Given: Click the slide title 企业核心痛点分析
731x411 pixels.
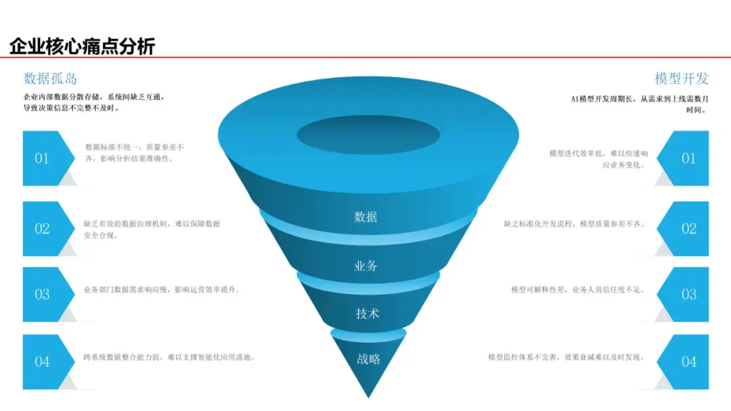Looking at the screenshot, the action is pos(82,46).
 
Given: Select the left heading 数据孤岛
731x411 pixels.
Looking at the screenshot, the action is pos(50,78).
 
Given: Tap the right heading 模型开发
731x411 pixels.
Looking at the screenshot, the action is pos(682,78).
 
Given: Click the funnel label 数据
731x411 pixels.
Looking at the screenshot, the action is pos(365,217).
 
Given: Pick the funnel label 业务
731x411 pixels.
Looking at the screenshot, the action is pos(365,266).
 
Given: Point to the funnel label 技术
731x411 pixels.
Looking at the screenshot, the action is pos(367,314).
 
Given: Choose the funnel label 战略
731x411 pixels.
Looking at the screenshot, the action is pos(368,359).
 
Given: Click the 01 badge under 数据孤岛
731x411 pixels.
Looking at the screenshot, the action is pos(43,158).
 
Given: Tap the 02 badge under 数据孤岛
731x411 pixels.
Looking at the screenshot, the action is pos(43,228).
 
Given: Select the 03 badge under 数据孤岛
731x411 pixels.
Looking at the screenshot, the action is pos(43,294).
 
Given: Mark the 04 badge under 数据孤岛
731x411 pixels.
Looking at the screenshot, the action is pos(43,362).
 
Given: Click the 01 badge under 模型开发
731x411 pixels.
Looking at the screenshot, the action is pos(688,158).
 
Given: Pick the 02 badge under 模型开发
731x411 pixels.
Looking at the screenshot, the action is pos(688,228).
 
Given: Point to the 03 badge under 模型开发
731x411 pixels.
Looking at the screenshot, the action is pos(688,294).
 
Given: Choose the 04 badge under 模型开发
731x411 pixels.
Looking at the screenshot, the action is pos(688,362).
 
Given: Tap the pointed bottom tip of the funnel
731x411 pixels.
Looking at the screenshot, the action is pos(369,395).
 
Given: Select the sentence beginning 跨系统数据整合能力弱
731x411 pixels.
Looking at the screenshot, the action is pos(169,357).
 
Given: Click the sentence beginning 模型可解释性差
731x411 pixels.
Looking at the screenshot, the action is pos(577,290).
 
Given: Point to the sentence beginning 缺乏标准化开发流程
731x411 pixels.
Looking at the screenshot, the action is pos(574,224).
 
